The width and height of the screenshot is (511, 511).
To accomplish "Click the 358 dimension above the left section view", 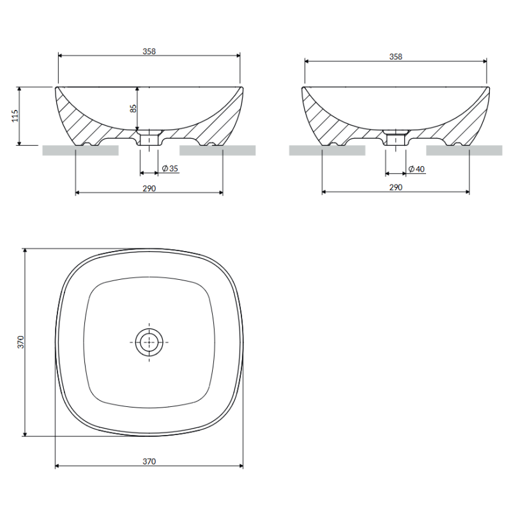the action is point(149,52).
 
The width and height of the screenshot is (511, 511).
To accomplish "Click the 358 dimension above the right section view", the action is point(395,57).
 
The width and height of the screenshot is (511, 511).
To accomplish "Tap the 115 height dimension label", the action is point(15,116).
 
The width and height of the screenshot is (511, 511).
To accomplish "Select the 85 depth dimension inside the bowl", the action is point(133,108).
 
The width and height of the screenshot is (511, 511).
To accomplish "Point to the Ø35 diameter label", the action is point(170,168).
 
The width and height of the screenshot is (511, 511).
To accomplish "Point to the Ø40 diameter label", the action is point(416,169).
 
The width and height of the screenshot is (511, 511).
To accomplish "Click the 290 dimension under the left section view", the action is point(149,188).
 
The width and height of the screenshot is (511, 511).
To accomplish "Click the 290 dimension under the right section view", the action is point(395,187).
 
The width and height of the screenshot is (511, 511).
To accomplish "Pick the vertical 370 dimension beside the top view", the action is point(20,342).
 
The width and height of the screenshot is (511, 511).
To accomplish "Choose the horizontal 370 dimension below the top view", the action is point(149,461).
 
